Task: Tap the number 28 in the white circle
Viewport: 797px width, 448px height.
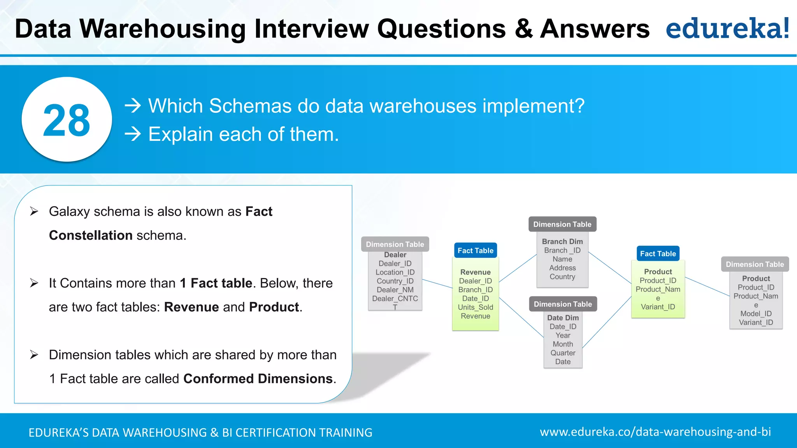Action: tap(67, 120)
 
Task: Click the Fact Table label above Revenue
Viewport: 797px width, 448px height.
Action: tap(475, 250)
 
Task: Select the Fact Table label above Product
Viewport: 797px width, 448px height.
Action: tap(658, 254)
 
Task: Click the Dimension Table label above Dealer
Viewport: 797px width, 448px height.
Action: tap(395, 244)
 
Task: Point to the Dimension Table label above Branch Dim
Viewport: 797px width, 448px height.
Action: tap(562, 224)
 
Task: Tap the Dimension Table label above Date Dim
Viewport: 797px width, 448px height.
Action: tap(562, 304)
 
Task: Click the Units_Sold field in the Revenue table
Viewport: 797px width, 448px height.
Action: tap(475, 307)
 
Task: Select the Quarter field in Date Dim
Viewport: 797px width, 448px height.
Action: tap(563, 353)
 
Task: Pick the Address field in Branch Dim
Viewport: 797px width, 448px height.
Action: tap(562, 268)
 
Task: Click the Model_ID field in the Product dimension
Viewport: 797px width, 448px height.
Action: tap(756, 313)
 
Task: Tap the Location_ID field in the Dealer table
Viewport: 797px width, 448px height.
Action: tap(395, 272)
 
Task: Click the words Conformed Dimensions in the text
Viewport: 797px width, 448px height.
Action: tap(258, 378)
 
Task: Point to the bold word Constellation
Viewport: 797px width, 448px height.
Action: tap(91, 235)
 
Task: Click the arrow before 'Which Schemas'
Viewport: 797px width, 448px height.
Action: tap(133, 106)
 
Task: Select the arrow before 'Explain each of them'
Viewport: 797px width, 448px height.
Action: tap(133, 134)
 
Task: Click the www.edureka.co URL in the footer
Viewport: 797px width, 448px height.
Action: tap(655, 432)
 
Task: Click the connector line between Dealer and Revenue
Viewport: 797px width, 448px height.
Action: tap(437, 283)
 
